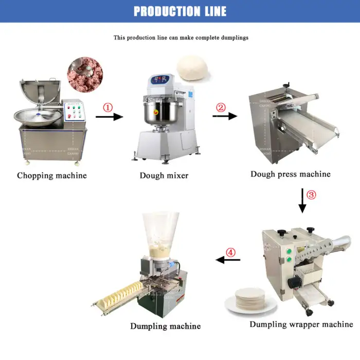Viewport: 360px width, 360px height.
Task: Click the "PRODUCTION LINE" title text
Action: point(180,11)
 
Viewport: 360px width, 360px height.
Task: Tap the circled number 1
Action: point(107,107)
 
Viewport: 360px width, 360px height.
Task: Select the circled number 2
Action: point(221,107)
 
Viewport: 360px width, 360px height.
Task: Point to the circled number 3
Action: point(311,195)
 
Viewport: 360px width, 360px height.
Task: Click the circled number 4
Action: point(230,253)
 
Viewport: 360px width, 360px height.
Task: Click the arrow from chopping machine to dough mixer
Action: point(109,117)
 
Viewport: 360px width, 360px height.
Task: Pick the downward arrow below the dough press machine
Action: point(302,201)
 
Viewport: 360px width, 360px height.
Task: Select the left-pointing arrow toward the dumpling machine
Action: point(228,260)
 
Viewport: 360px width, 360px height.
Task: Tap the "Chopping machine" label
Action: point(52,176)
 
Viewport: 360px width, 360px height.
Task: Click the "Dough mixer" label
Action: point(164,176)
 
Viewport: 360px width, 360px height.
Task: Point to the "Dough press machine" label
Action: point(291,174)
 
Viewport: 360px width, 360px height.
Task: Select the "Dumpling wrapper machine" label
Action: point(301,324)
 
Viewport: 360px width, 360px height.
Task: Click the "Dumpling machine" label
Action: point(165,326)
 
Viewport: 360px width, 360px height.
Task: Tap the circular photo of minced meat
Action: point(85,75)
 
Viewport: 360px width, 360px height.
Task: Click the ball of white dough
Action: point(192,68)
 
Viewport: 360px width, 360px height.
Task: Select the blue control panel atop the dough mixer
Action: point(160,80)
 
